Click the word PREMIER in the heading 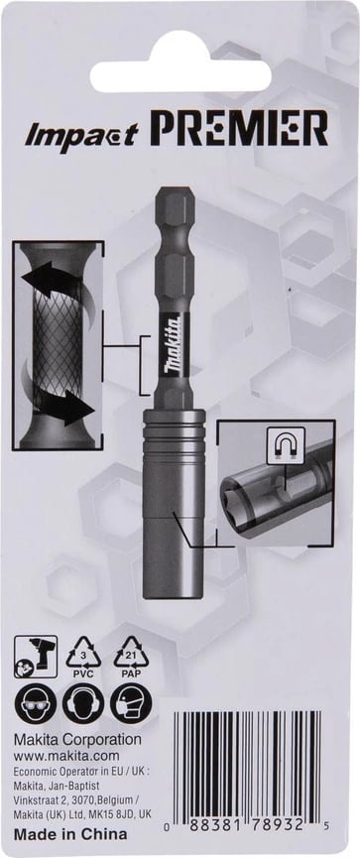(240, 128)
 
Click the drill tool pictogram (36, 656)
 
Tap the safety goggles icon (35, 703)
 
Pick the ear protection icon (83, 703)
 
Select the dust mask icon (131, 703)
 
